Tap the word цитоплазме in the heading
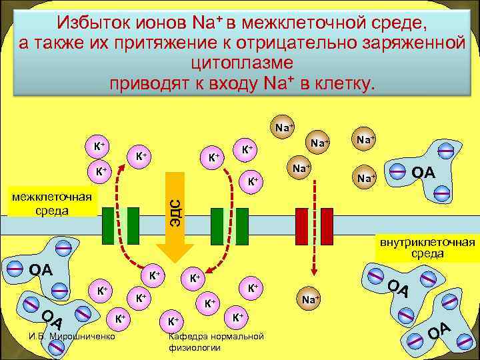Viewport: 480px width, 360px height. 241,64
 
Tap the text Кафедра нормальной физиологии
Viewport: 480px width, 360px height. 216,341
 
